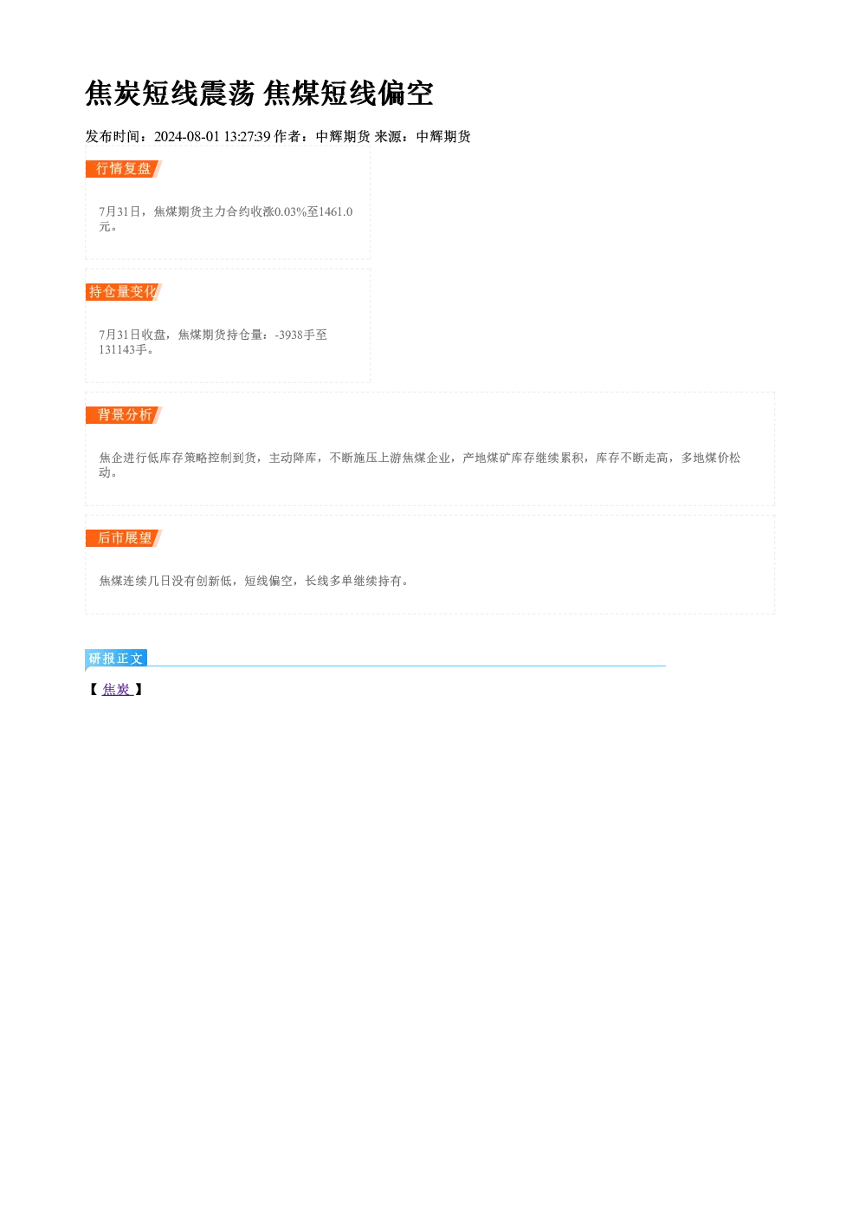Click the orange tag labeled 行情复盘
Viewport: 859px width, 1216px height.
124,169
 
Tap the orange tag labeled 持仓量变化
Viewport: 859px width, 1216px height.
124,292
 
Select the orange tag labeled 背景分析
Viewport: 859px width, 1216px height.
124,415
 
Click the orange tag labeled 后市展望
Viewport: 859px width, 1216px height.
124,538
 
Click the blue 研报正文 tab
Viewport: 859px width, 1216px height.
116,659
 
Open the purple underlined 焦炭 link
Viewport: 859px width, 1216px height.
117,689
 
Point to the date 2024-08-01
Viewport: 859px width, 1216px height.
186,136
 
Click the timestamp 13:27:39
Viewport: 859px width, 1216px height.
247,136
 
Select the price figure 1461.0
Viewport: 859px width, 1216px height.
336,211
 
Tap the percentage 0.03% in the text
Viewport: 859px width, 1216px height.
291,211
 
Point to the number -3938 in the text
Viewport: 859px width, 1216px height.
289,335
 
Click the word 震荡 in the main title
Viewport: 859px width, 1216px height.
227,93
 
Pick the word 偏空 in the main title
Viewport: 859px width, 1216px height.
405,93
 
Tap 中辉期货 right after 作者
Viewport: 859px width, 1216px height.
343,136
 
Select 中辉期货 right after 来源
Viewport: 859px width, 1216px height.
443,136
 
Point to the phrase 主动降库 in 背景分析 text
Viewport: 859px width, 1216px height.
293,458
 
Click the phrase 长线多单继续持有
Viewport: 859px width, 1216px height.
353,582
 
